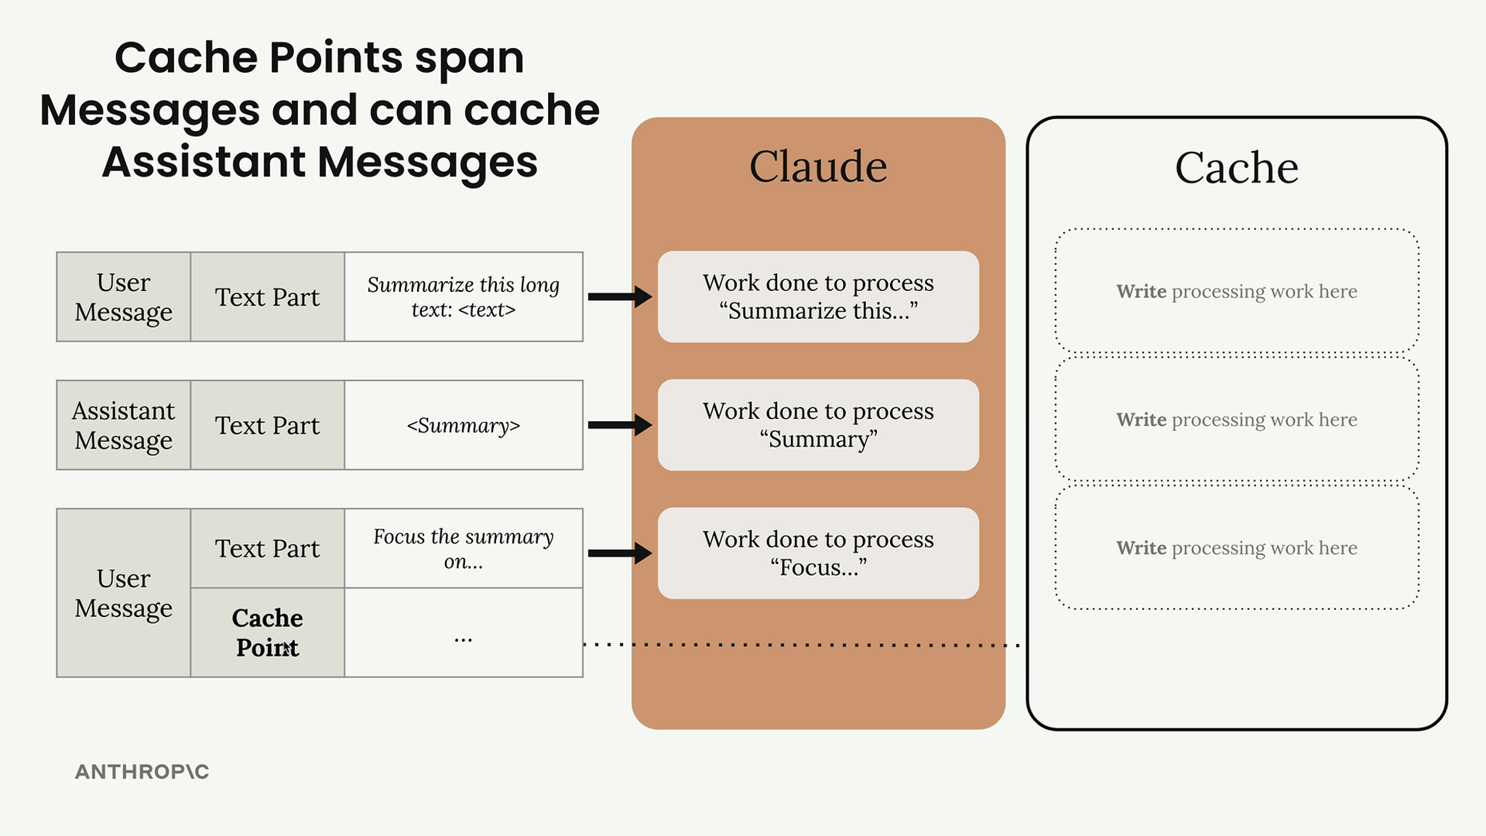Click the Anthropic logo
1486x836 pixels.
142,772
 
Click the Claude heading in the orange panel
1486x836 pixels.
818,166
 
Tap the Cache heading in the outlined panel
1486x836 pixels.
1237,167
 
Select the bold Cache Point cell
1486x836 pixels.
267,632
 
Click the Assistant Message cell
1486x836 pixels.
124,425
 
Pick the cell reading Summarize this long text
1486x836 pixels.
464,296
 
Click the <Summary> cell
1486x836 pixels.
464,425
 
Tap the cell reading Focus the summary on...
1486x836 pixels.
464,548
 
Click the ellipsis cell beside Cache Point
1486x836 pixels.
464,632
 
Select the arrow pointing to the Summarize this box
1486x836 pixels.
620,296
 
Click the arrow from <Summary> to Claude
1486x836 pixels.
620,425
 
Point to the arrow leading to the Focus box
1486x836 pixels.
620,553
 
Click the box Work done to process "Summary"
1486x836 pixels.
818,425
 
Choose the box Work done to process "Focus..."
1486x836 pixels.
818,553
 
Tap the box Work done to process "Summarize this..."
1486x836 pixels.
818,296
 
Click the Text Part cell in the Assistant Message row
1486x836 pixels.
267,425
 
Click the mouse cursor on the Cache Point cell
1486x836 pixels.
286,649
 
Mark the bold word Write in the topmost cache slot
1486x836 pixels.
1141,291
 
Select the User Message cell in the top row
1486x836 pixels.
124,296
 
